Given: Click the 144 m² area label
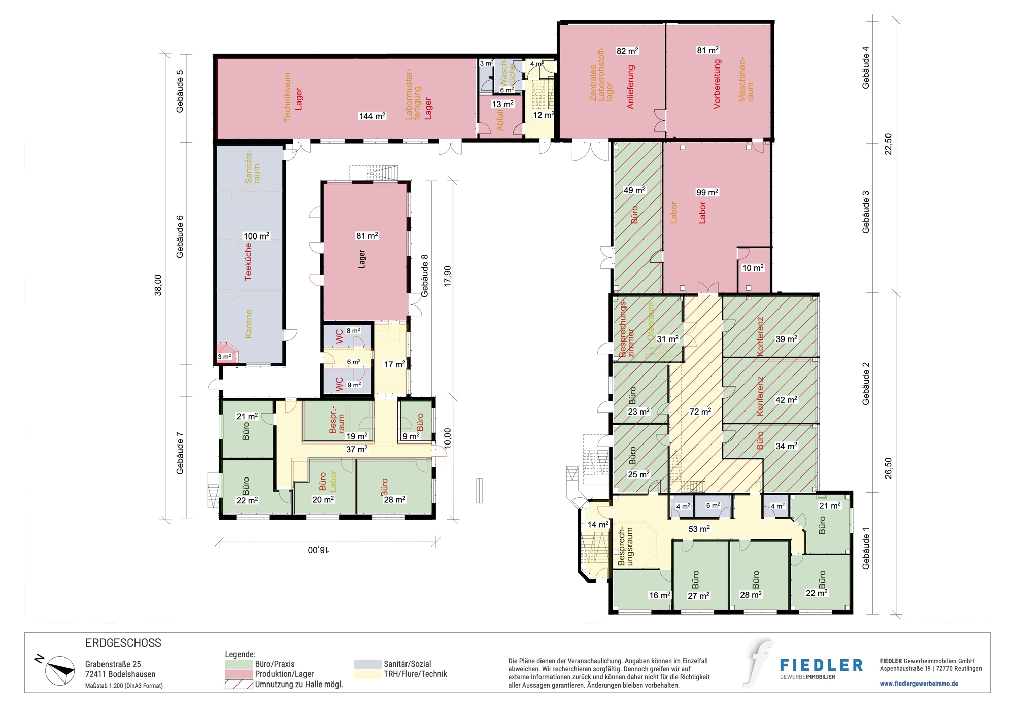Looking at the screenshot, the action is [x=372, y=116].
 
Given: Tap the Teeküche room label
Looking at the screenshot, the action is [x=248, y=261].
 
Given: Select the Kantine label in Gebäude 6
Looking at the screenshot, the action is [x=248, y=324].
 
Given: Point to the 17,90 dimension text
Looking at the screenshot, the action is [x=447, y=277].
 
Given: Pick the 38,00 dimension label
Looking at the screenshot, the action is [x=158, y=285].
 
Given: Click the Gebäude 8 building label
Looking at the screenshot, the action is [x=424, y=276].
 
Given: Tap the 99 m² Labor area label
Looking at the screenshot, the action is [x=707, y=192].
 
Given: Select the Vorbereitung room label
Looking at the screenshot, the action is [x=717, y=84].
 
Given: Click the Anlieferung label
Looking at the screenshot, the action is [x=631, y=87].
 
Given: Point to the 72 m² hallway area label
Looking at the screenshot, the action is [x=700, y=412].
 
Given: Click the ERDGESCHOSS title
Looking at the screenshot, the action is [x=123, y=643].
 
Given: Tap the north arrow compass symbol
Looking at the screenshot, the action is [x=59, y=670].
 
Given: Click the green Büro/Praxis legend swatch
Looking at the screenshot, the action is [x=239, y=664].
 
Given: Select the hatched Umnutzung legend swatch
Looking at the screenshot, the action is [x=239, y=684].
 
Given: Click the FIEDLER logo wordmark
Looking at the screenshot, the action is [x=821, y=665].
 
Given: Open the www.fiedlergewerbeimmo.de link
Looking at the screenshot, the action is [x=919, y=684].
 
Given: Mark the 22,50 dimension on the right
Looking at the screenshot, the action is [x=888, y=144].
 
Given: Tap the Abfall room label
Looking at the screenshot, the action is [x=500, y=120].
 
